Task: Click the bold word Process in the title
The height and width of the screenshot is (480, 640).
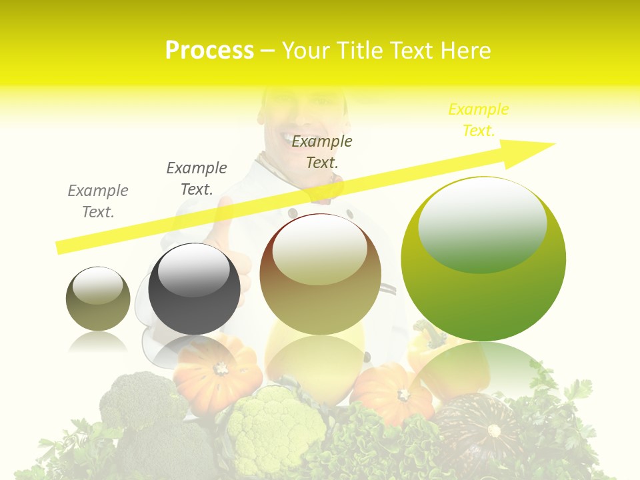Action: coord(209,51)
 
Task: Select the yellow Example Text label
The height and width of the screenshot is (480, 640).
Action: coord(478,120)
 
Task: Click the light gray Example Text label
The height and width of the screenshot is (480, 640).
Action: coord(98,201)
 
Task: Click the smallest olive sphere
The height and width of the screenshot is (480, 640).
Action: coord(98,299)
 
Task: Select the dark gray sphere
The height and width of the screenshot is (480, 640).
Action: coord(194,289)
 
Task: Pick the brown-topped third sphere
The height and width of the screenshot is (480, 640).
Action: coord(320,274)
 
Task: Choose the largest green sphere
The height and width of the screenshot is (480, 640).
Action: coord(483,280)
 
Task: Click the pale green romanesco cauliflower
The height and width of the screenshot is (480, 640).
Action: coord(270,427)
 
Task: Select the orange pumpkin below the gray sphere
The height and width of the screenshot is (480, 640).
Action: coord(217,373)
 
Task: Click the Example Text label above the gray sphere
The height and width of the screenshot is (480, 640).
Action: coord(197,179)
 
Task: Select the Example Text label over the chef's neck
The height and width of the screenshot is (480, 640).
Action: coord(322,151)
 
